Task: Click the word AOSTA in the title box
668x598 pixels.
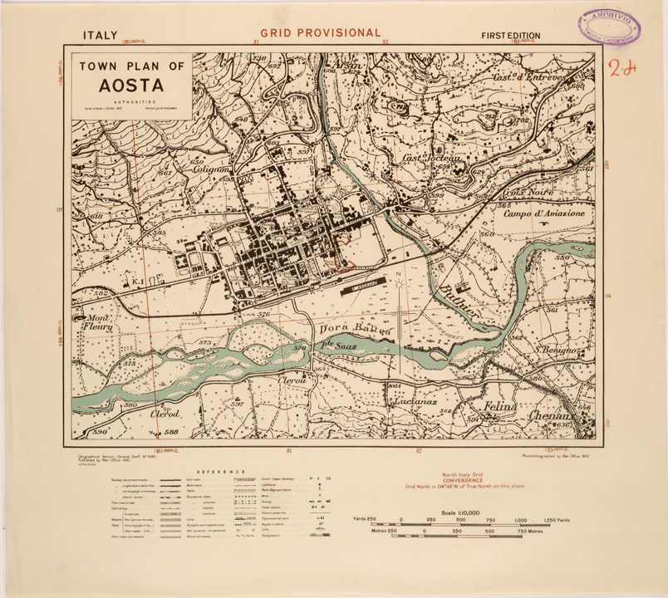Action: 131,85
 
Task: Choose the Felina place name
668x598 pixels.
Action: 502,408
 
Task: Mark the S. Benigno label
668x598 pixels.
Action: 561,350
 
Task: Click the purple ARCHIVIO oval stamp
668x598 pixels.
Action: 611,25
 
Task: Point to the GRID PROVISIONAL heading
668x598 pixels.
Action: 320,33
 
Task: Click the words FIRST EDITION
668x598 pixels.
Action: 511,36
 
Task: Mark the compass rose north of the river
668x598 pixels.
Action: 400,284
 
